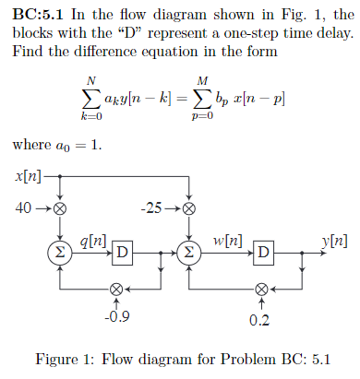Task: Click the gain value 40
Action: tap(25, 207)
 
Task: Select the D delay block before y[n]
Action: tap(264, 251)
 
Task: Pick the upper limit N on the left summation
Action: tap(90, 81)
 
